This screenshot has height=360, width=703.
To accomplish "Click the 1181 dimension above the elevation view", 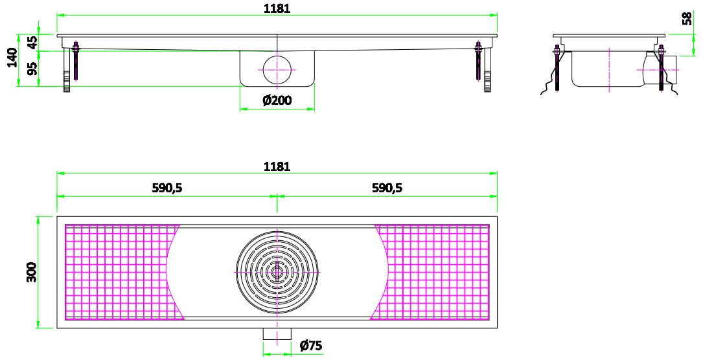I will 277,8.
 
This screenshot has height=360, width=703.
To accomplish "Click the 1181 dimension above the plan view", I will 277,166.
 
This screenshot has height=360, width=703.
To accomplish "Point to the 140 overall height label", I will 12,58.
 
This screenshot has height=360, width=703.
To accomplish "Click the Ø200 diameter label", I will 277,100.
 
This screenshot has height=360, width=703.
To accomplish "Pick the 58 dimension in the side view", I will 688,18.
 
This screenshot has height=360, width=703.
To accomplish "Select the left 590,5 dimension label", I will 167,188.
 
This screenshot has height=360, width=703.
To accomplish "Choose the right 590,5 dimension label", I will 387,188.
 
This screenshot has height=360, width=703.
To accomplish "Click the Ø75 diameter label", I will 311,346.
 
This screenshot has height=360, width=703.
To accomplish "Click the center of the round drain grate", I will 277,272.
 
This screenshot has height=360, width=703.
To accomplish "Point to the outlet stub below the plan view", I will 277,333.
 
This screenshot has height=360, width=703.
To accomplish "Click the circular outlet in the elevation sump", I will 277,69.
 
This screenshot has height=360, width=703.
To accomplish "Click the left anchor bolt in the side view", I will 557,68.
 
